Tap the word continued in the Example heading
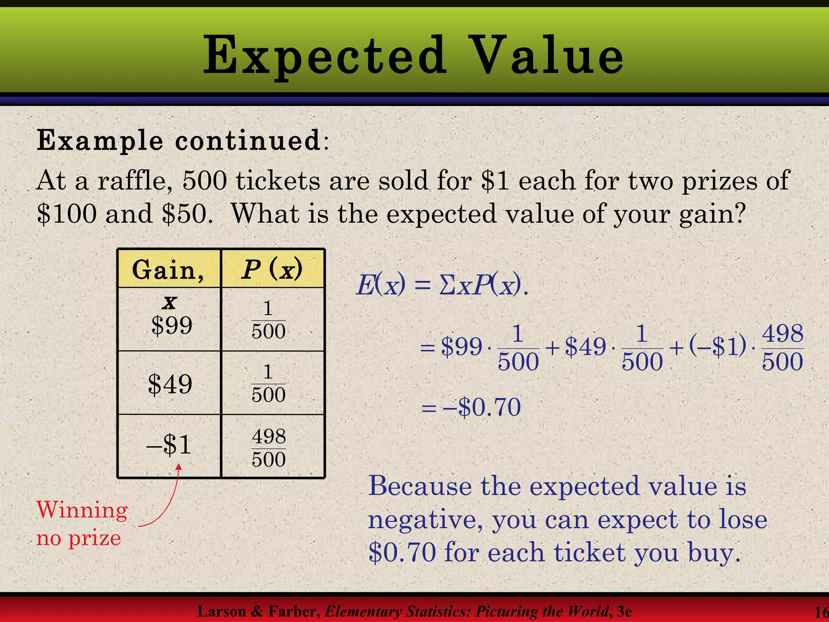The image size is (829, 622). [x=248, y=141]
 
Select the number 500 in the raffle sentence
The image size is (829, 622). [x=204, y=181]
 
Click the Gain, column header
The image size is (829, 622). [x=168, y=270]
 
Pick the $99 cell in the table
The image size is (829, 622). [x=172, y=325]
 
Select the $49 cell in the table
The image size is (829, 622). [x=170, y=384]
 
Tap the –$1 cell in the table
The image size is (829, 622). [x=169, y=445]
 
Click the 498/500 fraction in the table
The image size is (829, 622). [x=269, y=448]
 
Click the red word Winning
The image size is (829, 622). [x=82, y=510]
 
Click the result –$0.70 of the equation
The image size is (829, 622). [x=482, y=407]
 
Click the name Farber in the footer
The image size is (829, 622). [x=294, y=611]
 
